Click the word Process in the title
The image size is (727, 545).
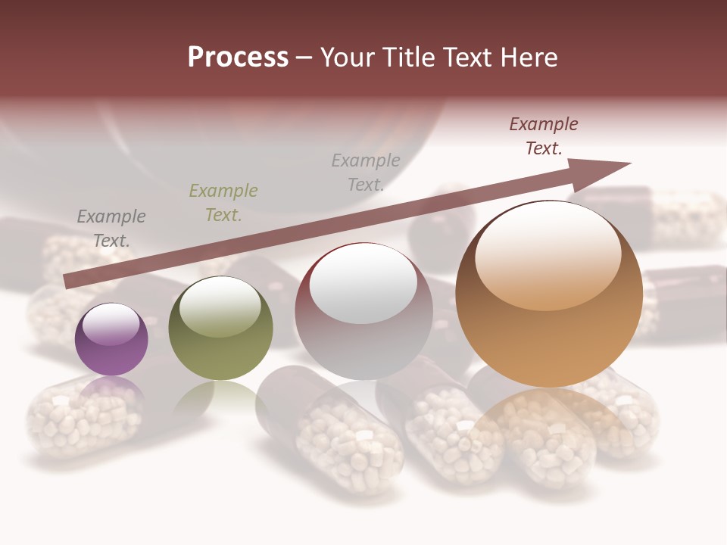238,58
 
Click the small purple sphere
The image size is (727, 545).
111,340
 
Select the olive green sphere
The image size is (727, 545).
220,329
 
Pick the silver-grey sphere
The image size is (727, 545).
363,312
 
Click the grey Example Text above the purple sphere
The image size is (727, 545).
111,229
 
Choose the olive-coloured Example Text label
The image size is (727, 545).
223,203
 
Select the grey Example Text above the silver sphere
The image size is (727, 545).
366,173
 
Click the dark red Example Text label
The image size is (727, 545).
544,136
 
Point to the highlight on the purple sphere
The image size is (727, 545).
111,324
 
